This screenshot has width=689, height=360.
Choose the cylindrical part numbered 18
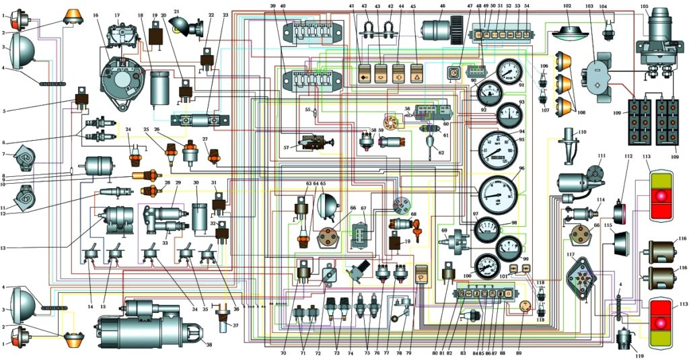[x=160, y=87]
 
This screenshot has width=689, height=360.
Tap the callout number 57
[x=285, y=147]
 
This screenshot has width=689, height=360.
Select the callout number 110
[x=582, y=131]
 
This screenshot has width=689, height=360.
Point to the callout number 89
[x=519, y=353]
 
